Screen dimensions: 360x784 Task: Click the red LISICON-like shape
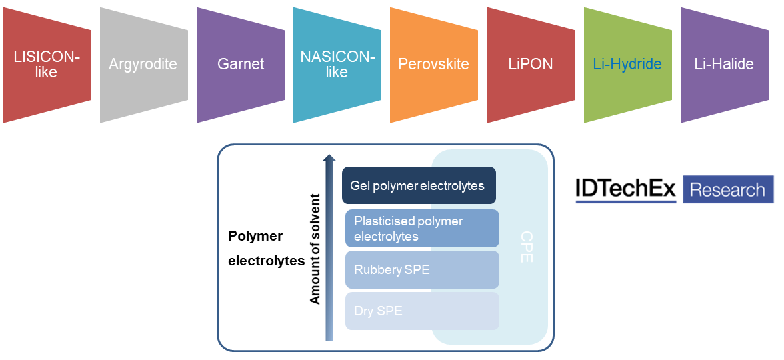tap(47, 65)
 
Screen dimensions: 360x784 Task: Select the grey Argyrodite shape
tap(143, 65)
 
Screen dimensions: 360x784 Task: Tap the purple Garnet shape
tap(241, 65)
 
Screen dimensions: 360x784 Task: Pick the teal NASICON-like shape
tap(337, 65)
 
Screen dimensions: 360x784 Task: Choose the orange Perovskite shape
tap(433, 65)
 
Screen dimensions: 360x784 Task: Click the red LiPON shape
tap(531, 65)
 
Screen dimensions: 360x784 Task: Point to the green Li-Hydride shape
tap(627, 65)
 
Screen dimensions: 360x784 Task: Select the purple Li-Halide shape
tap(724, 65)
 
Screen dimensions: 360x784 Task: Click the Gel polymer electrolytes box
tap(419, 185)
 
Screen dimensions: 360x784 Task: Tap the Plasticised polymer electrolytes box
tap(421, 228)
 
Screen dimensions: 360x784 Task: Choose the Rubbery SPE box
tap(421, 269)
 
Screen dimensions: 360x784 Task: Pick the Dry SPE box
tap(421, 311)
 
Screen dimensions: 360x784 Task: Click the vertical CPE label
tap(526, 247)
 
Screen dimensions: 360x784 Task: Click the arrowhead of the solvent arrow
tap(329, 159)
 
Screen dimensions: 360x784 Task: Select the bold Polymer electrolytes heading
tap(265, 249)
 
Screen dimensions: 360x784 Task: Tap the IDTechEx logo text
tap(625, 190)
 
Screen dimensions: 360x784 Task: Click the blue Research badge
tap(728, 190)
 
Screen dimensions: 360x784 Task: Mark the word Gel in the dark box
tap(360, 185)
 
